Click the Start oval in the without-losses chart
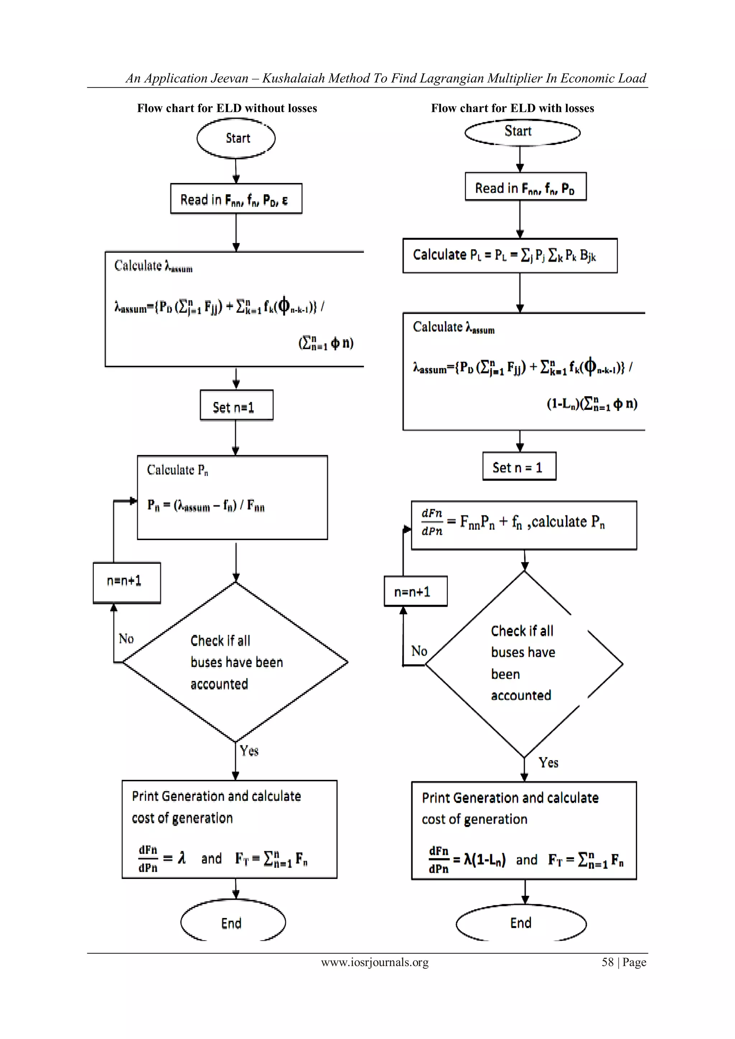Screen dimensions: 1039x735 pyautogui.click(x=236, y=138)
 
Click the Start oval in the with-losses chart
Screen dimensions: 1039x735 pyautogui.click(x=522, y=132)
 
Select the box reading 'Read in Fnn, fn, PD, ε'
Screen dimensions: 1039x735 pyautogui.click(x=236, y=199)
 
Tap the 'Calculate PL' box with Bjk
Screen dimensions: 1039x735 pyautogui.click(x=510, y=256)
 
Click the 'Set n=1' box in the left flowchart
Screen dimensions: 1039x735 pyautogui.click(x=236, y=406)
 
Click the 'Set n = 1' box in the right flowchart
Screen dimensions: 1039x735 pyautogui.click(x=519, y=467)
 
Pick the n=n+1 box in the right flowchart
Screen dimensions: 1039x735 pyautogui.click(x=415, y=591)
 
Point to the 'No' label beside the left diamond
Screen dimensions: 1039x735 pyautogui.click(x=126, y=638)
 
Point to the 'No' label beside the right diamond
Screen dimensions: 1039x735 pyautogui.click(x=419, y=651)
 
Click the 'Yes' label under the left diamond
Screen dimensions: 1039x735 pyautogui.click(x=249, y=751)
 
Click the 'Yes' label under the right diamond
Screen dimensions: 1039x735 pyautogui.click(x=548, y=763)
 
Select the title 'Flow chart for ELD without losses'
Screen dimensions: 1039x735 pyautogui.click(x=227, y=108)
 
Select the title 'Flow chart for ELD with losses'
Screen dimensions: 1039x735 pyautogui.click(x=512, y=108)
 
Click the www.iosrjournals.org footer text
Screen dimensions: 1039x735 pyautogui.click(x=375, y=963)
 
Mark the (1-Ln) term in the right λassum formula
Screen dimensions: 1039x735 pyautogui.click(x=562, y=404)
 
